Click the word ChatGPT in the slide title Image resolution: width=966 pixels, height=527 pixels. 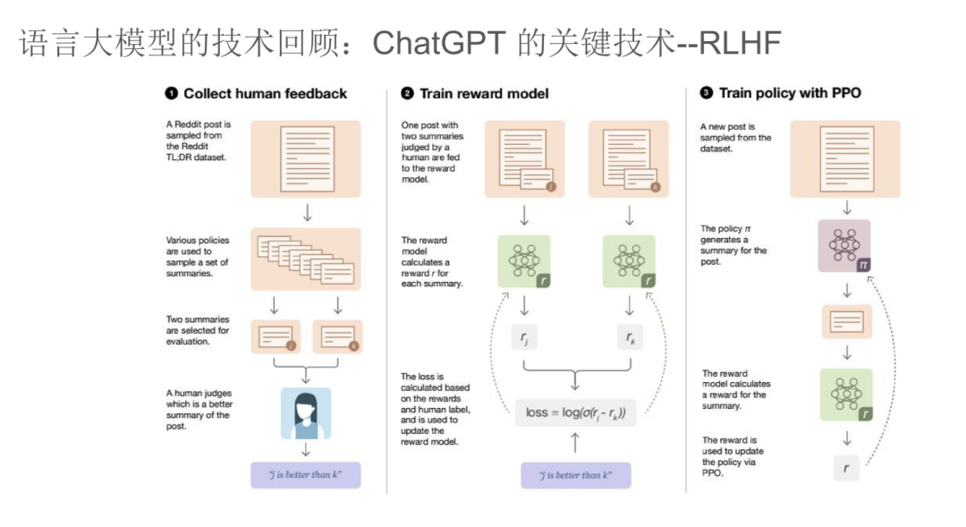438,43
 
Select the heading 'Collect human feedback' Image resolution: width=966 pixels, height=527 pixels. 266,94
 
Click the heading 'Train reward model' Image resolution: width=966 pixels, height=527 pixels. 484,94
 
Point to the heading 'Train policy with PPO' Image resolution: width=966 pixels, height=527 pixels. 790,93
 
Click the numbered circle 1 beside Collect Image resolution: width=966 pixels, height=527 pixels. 171,93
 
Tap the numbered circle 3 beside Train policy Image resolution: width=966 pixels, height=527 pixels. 706,92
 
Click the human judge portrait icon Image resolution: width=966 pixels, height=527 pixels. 306,413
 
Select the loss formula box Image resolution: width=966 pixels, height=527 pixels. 575,412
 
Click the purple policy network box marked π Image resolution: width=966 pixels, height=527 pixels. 844,246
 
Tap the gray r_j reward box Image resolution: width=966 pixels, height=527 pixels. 524,337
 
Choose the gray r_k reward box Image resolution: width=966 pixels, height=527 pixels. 630,337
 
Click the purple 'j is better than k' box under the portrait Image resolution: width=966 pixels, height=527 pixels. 306,475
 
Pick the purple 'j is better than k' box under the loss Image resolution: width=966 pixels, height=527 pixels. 575,475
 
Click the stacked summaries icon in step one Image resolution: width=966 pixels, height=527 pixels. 306,259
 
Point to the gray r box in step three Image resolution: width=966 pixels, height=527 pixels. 846,468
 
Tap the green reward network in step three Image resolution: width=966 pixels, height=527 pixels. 846,395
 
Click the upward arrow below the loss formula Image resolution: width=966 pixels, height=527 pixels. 575,443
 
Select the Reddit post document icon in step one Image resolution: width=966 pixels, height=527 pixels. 306,159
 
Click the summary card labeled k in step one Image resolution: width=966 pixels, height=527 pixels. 337,337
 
